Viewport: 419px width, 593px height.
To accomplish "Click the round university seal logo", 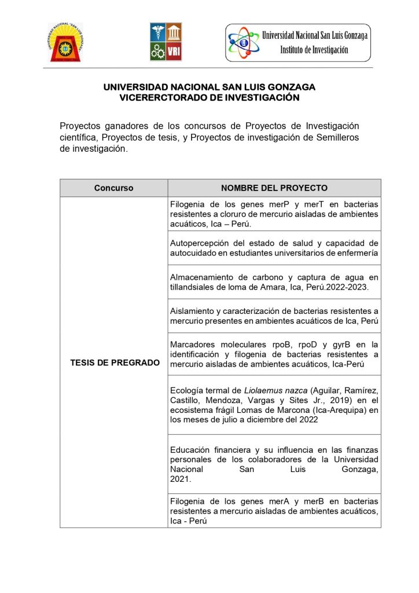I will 65,42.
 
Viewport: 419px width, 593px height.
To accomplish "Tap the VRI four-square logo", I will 166,42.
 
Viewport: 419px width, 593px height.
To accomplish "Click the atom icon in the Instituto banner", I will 243,43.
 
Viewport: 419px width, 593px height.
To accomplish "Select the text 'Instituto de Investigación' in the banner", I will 314,50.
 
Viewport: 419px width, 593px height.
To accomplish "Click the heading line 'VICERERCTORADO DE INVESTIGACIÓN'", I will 209,98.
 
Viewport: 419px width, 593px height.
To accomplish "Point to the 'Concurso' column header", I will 114,188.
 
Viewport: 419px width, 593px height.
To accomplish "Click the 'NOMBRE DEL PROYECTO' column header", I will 274,188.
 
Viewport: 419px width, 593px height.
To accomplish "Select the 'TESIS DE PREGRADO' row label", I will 115,363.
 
